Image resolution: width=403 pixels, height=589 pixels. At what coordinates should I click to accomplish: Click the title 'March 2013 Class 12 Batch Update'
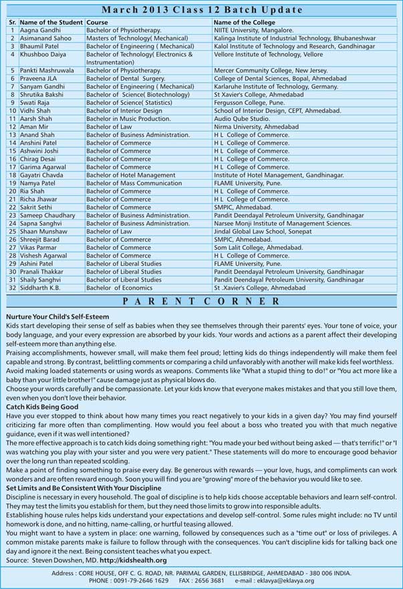pyautogui.click(x=201, y=10)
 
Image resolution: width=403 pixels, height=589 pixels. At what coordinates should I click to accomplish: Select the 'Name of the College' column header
pyautogui.click(x=244, y=23)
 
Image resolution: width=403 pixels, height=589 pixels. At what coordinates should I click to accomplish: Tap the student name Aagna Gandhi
pyautogui.click(x=42, y=31)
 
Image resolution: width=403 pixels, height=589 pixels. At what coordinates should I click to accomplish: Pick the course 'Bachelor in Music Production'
pyautogui.click(x=128, y=118)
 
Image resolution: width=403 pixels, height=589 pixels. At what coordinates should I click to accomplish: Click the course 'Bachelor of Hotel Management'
pyautogui.click(x=130, y=175)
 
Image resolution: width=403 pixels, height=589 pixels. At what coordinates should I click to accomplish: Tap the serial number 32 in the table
pyautogui.click(x=12, y=288)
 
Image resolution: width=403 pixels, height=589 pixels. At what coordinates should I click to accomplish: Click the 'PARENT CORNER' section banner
pyautogui.click(x=201, y=301)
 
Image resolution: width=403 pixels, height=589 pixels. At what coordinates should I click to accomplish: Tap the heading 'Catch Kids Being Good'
pyautogui.click(x=42, y=407)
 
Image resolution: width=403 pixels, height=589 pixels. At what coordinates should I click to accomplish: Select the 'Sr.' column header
pyautogui.click(x=12, y=23)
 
